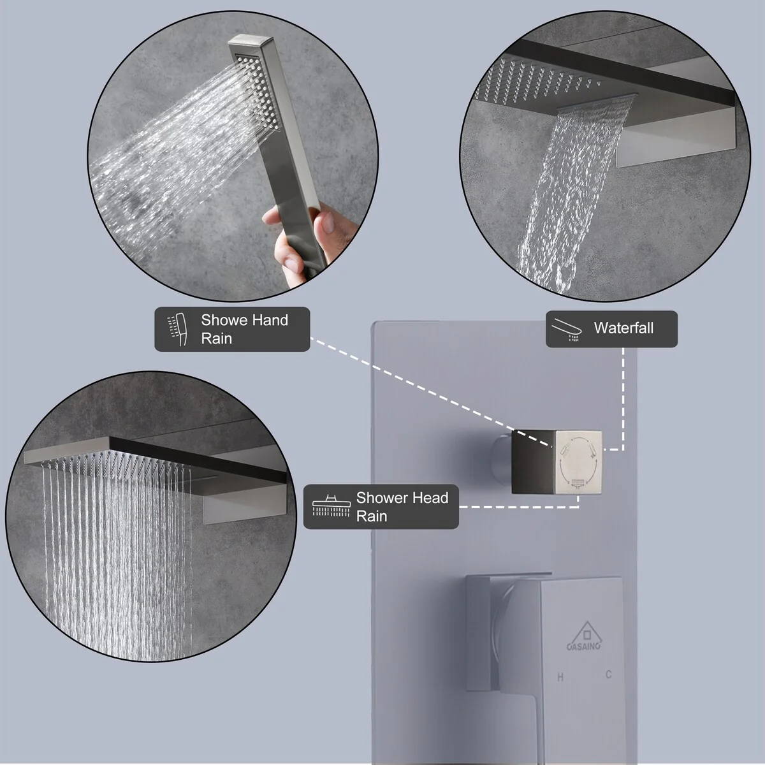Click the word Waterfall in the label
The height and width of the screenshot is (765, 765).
click(623, 328)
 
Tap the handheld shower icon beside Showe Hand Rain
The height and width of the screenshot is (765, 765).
click(177, 329)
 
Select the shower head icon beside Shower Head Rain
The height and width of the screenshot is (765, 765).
click(331, 506)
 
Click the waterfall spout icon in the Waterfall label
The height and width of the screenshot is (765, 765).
click(567, 329)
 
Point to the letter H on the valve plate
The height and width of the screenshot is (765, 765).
click(560, 677)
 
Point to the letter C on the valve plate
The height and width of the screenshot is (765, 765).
click(609, 674)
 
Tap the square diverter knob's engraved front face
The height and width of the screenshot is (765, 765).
click(578, 462)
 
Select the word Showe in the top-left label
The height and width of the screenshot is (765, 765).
click(224, 320)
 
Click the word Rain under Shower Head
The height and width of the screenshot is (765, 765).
click(372, 516)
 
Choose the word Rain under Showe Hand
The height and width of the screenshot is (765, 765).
click(216, 339)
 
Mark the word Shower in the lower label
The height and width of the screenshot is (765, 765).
click(382, 497)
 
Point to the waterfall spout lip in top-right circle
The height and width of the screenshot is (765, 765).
click(596, 101)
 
